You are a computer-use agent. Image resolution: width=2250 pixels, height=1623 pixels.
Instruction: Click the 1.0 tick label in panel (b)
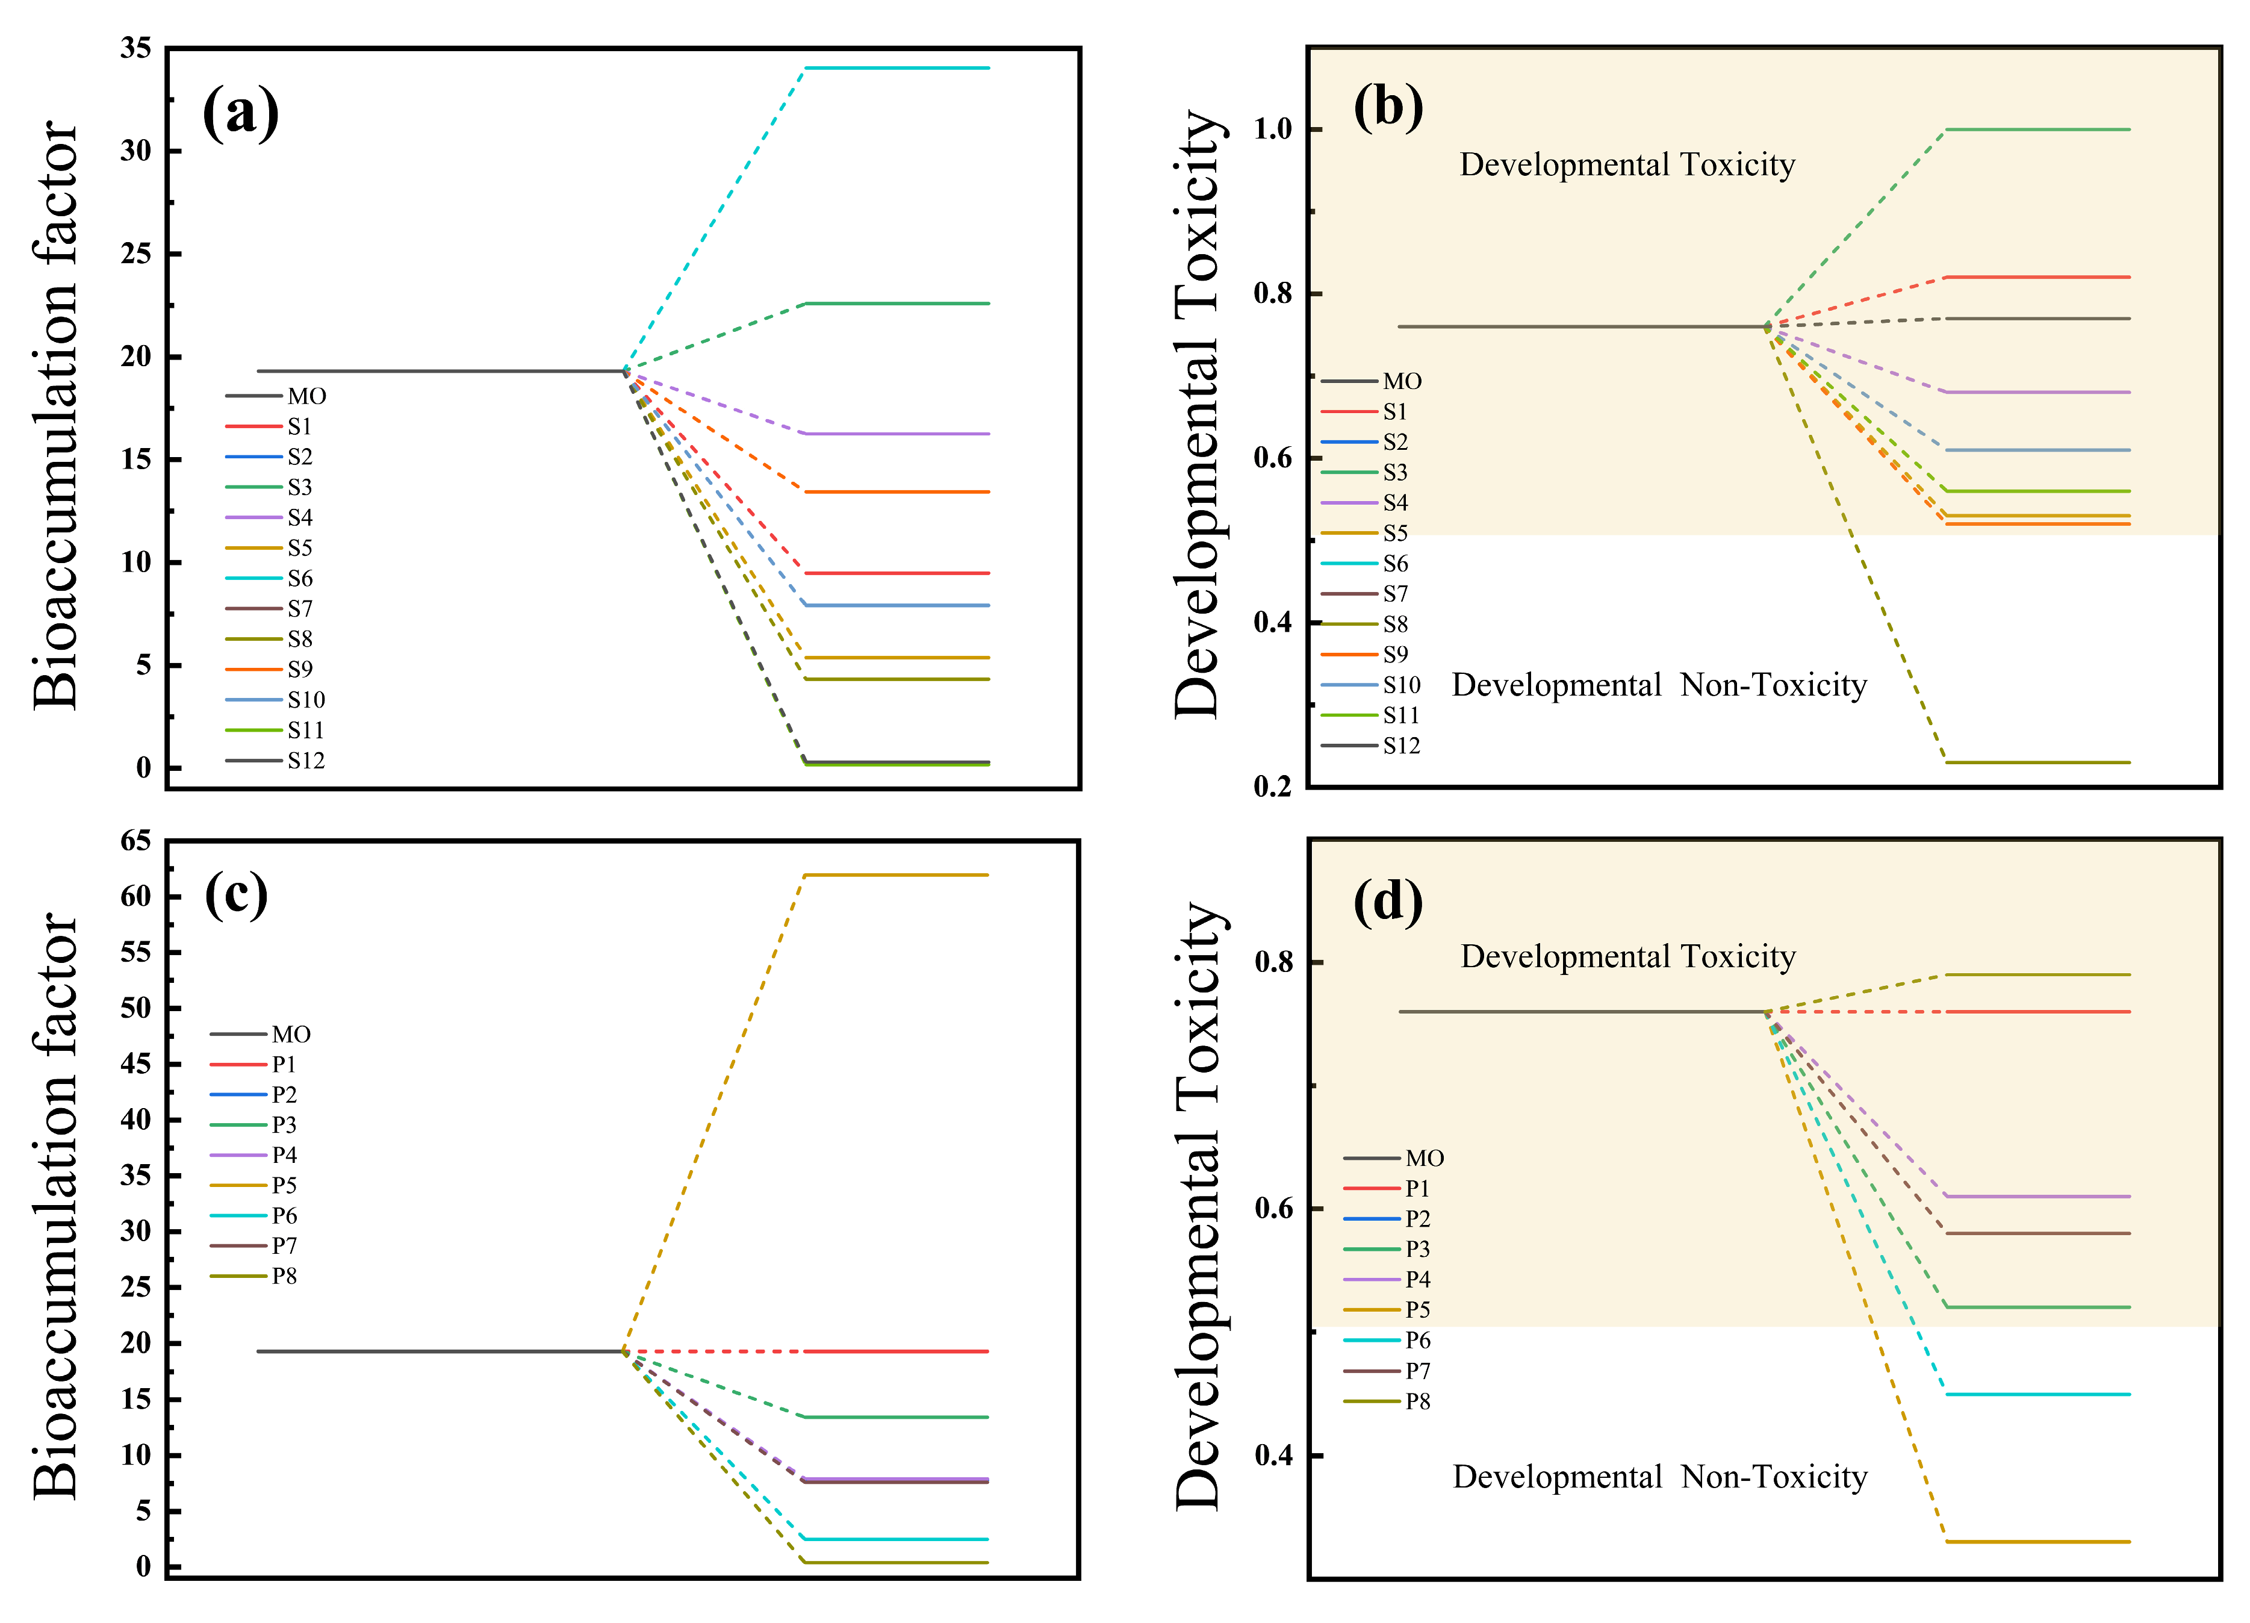(x=1273, y=129)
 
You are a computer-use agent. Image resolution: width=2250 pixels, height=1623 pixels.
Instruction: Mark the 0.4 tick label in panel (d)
(x=1274, y=1456)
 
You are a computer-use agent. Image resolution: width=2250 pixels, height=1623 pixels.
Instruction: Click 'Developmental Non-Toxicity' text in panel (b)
(x=1659, y=685)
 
